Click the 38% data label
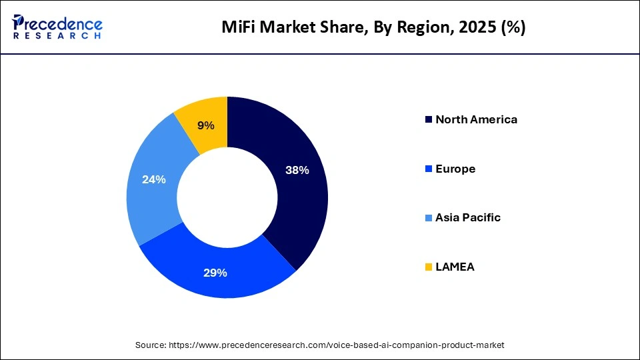pyautogui.click(x=297, y=170)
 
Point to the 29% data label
pyautogui.click(x=215, y=273)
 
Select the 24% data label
pyautogui.click(x=153, y=179)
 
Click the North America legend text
pyautogui.click(x=476, y=120)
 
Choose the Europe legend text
pyautogui.click(x=455, y=169)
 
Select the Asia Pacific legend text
pyautogui.click(x=467, y=218)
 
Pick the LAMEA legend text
pyautogui.click(x=455, y=267)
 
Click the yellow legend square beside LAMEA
pyautogui.click(x=427, y=267)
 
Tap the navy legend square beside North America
pyautogui.click(x=427, y=120)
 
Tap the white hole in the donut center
pyautogui.click(x=227, y=197)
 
